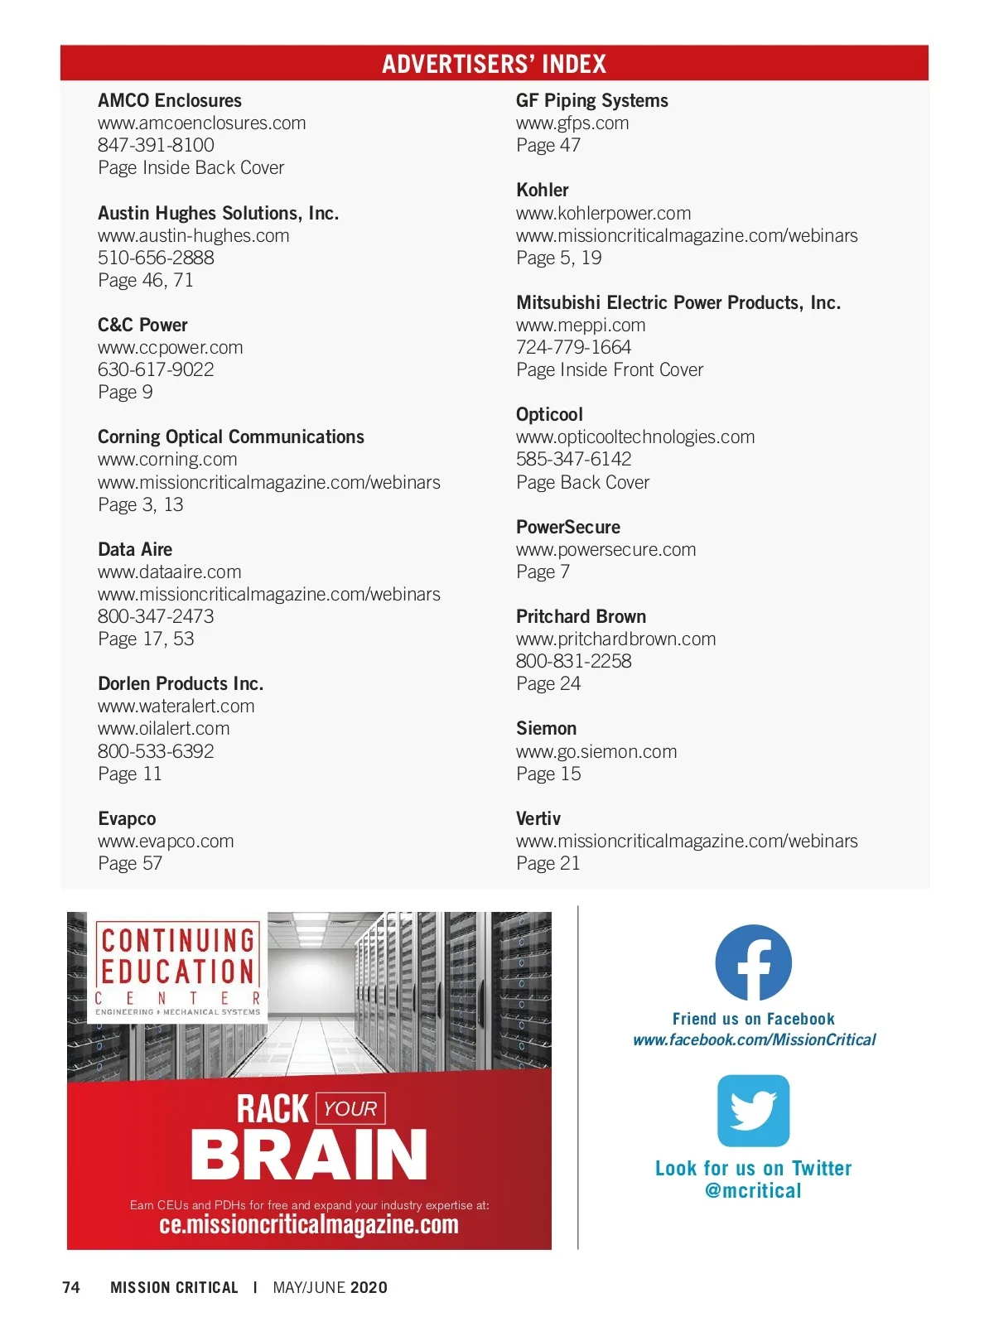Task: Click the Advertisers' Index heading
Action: click(494, 64)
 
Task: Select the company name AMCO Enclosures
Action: click(170, 101)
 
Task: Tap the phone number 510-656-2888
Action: click(156, 258)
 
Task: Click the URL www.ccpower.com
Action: click(170, 348)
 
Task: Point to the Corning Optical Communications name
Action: click(230, 437)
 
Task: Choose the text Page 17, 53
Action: click(146, 639)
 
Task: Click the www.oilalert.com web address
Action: click(163, 729)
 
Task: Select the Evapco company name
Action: click(127, 819)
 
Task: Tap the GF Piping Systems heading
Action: click(591, 101)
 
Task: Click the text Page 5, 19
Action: click(558, 258)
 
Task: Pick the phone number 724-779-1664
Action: click(573, 348)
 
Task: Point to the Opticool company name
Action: click(549, 415)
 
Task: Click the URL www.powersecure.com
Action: click(606, 550)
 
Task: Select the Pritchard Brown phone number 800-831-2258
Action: click(573, 662)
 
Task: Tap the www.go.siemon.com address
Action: click(596, 752)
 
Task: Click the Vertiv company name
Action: click(538, 819)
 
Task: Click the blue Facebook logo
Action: click(753, 962)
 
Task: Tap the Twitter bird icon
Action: click(753, 1111)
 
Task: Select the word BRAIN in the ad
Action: click(308, 1155)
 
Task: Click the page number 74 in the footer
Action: click(71, 1288)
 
